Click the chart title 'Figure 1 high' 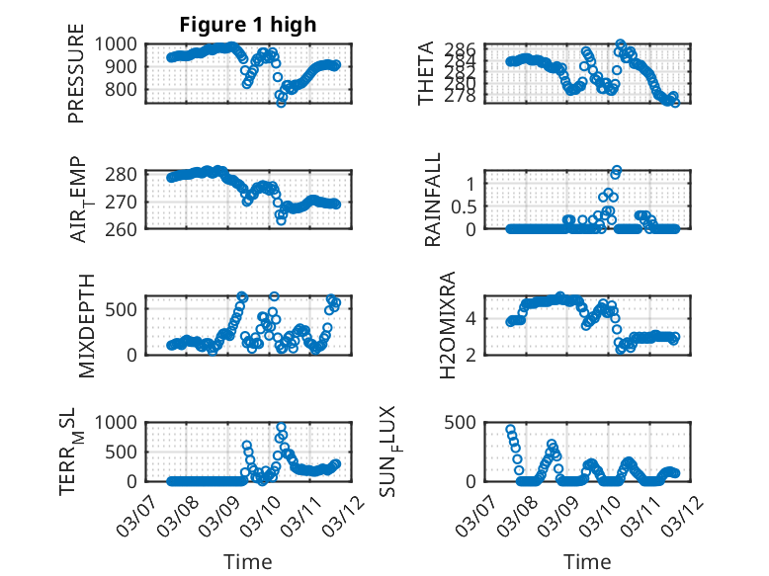tap(248, 25)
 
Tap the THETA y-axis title tap(427, 74)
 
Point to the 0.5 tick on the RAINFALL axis tap(464, 206)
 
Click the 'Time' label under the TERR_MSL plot tap(248, 561)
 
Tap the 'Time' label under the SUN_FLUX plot tap(587, 561)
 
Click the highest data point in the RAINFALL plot tap(617, 171)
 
